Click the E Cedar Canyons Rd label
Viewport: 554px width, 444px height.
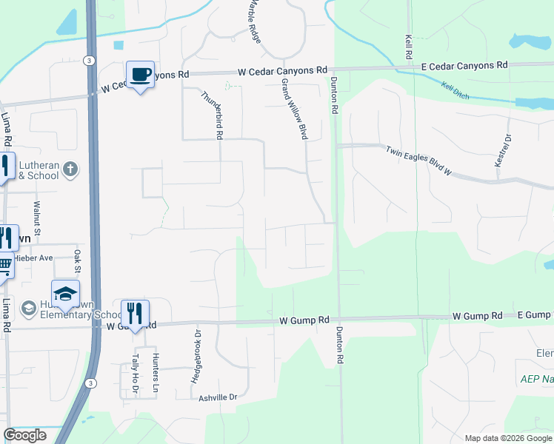(464, 66)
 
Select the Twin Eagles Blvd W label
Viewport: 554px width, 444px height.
(419, 161)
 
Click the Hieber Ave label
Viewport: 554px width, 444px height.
(36, 258)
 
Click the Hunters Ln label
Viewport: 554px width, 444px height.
(156, 374)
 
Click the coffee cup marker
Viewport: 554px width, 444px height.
(140, 75)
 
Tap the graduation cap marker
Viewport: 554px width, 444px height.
(65, 294)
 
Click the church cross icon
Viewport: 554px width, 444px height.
(70, 169)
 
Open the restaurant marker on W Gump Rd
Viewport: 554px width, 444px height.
(135, 313)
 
